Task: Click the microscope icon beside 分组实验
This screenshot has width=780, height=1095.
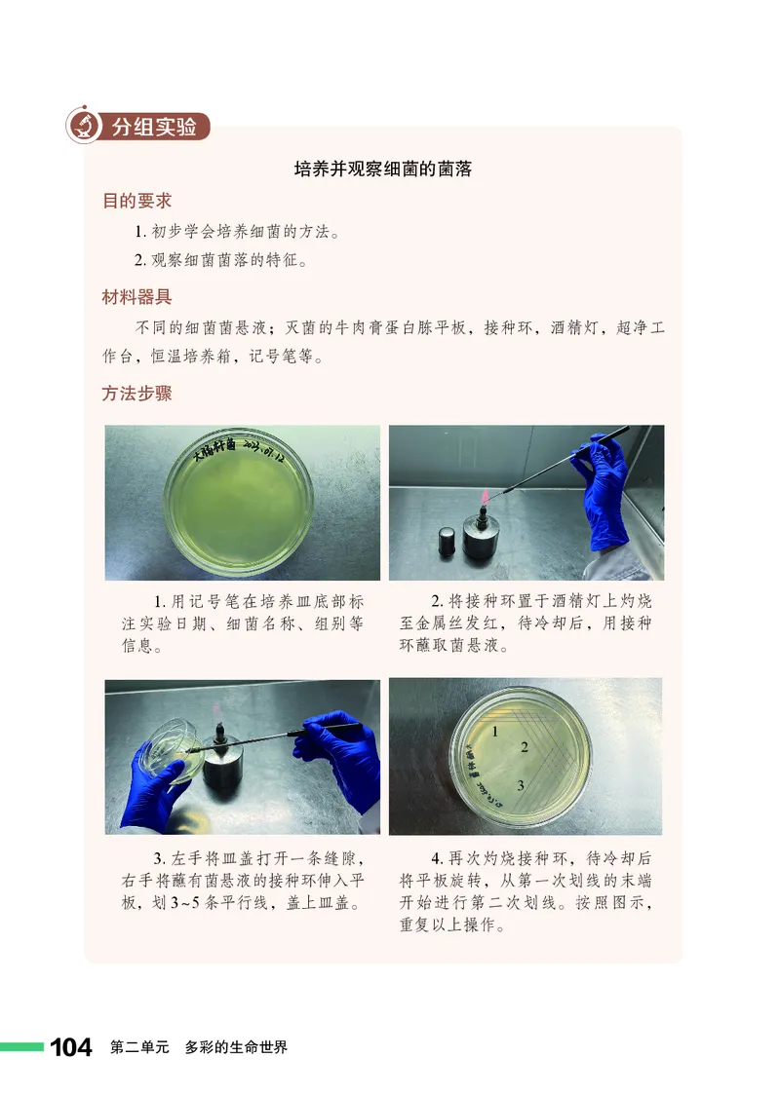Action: [85, 126]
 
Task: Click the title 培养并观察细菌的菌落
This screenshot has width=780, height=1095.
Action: [383, 169]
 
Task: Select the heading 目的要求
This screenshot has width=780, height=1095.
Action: [136, 201]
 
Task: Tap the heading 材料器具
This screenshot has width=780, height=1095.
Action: [136, 297]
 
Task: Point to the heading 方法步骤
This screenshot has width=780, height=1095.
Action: [136, 395]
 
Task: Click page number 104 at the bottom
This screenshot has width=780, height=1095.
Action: [71, 1047]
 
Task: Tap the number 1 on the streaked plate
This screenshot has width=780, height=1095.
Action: [496, 731]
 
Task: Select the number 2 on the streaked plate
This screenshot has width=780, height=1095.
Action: [525, 748]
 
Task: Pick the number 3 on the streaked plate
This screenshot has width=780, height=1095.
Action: [522, 785]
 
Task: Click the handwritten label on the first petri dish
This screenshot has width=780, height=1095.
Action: [239, 451]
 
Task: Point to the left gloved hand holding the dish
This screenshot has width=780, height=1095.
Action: [156, 779]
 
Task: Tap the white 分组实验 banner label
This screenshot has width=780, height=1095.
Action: [154, 127]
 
